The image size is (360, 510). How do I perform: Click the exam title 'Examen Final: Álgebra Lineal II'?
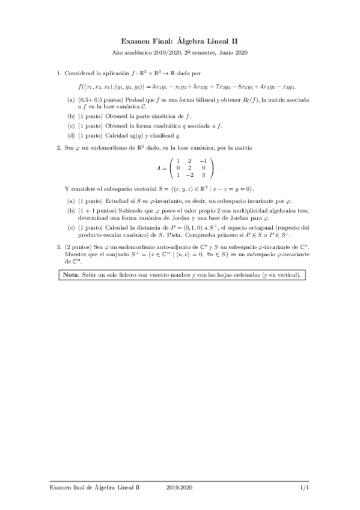click(180, 41)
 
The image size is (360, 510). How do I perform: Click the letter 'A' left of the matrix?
click(159, 168)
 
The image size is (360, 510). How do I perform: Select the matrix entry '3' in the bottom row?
click(203, 176)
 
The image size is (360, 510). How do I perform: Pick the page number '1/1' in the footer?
click(305, 488)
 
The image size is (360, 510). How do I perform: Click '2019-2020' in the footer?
click(180, 488)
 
